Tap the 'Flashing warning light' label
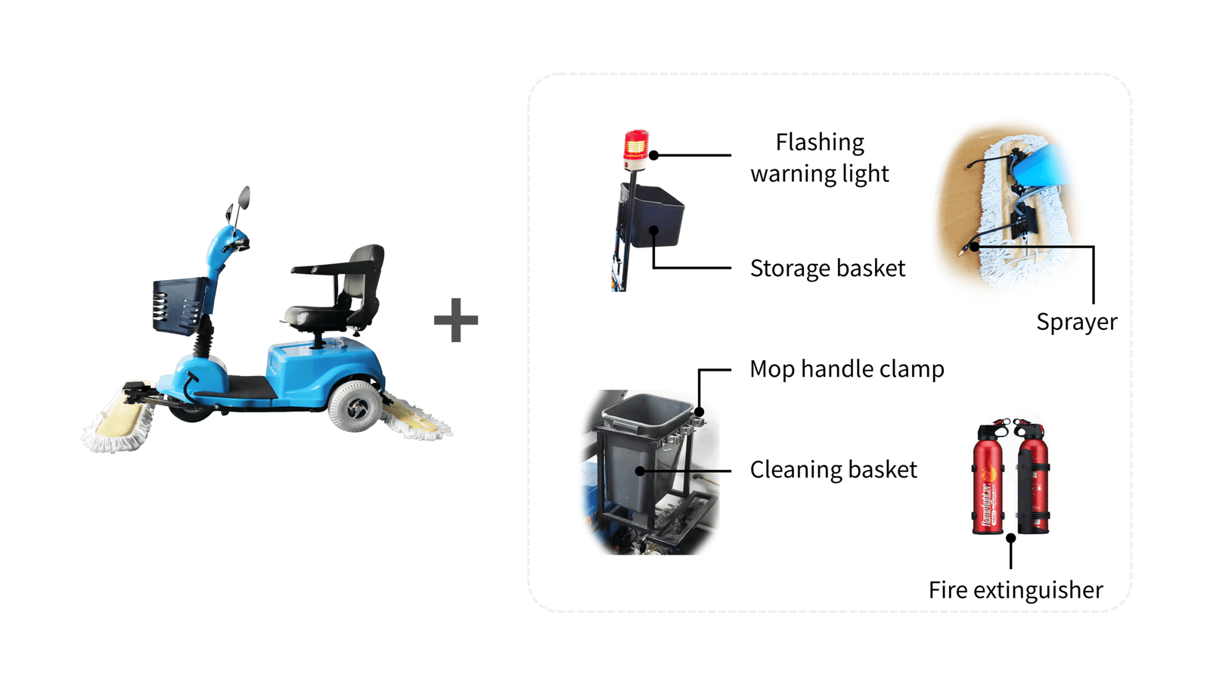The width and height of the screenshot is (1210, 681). (820, 158)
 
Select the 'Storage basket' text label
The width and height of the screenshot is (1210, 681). (827, 268)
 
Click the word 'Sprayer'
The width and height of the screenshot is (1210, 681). (1077, 322)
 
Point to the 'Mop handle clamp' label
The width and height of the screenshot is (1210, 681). (847, 369)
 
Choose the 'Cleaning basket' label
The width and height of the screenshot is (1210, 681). (833, 470)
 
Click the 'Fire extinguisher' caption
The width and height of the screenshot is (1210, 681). (1016, 589)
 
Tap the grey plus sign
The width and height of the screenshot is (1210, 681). (456, 320)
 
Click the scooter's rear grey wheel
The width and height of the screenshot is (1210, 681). (355, 406)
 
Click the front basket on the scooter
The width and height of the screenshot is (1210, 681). (180, 306)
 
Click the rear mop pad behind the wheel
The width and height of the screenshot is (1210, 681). (416, 417)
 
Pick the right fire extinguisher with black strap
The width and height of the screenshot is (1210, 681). (1032, 476)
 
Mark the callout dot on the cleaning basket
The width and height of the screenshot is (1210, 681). (640, 471)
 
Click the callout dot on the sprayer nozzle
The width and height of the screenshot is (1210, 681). (974, 247)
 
